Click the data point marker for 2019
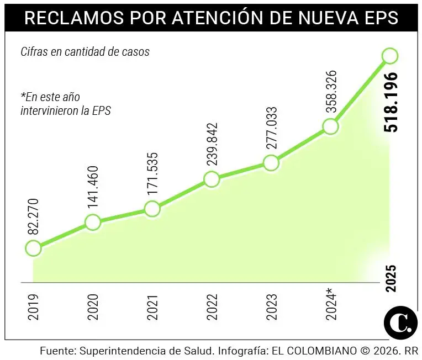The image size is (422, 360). [x=33, y=248]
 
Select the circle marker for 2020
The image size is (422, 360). [x=93, y=223]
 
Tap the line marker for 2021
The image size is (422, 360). [x=152, y=209]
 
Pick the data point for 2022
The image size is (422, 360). [x=211, y=179]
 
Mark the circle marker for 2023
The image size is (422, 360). [x=271, y=163]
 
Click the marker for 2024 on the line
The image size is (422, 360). [x=330, y=126]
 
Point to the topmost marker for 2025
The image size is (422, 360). [x=390, y=56]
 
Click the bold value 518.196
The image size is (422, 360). [x=391, y=102]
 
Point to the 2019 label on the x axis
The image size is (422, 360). [x=33, y=308]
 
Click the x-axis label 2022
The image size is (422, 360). [x=212, y=308]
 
